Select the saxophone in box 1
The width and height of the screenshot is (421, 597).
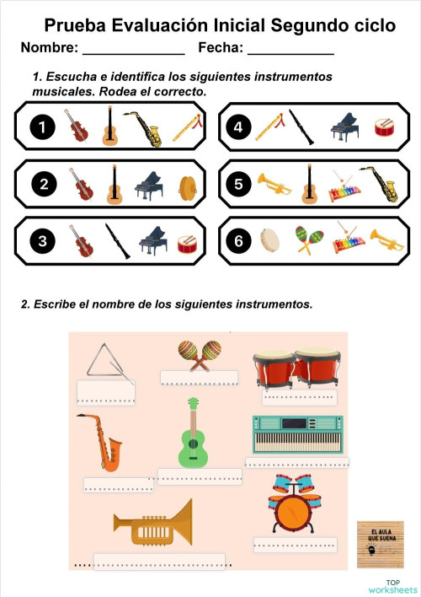(145, 129)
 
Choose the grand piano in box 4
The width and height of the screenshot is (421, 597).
(345, 126)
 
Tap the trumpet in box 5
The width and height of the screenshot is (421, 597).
(274, 184)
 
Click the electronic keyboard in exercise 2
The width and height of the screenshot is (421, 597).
(296, 434)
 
